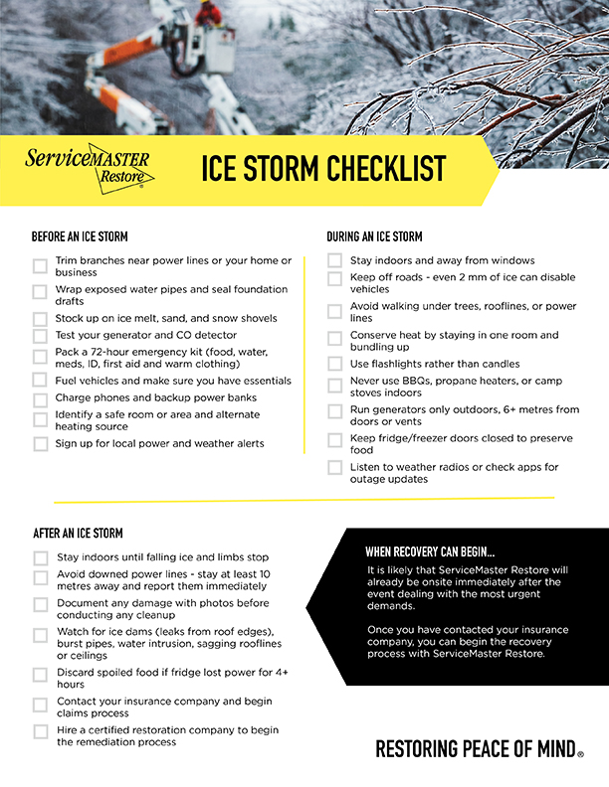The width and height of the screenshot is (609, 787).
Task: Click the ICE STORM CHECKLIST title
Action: tap(323, 169)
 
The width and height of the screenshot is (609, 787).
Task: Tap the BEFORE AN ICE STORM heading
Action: tap(80, 236)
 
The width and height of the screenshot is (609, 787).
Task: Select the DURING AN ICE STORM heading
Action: tap(374, 236)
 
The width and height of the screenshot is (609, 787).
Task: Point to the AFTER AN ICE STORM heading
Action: tap(78, 534)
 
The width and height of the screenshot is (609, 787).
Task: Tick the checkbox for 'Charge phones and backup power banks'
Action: tap(40, 399)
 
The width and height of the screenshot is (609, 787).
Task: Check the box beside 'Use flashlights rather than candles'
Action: tap(335, 364)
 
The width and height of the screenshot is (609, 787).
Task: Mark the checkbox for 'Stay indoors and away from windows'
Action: tap(335, 261)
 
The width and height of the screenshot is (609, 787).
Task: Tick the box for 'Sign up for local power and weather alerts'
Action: tap(40, 444)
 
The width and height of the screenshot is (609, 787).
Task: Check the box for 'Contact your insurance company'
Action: tap(40, 705)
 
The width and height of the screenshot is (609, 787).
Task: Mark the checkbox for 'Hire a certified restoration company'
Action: tap(40, 731)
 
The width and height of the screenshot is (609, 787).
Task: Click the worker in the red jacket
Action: tap(208, 13)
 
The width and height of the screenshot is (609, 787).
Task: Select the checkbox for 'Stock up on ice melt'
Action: tap(40, 319)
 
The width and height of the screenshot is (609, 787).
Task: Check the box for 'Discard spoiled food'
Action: tap(40, 674)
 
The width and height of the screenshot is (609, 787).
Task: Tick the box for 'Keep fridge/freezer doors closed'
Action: tap(335, 439)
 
